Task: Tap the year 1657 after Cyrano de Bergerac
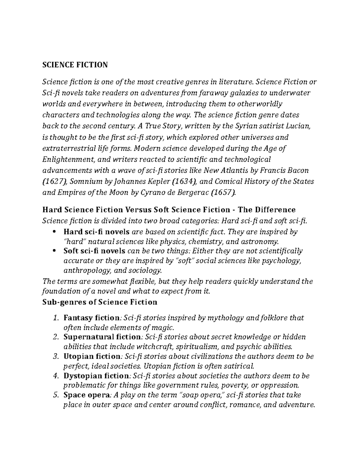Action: coord(224,193)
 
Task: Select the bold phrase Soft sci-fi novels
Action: coord(95,251)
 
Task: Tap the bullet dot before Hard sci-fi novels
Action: coord(54,232)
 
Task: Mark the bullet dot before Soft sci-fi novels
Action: coord(54,251)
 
